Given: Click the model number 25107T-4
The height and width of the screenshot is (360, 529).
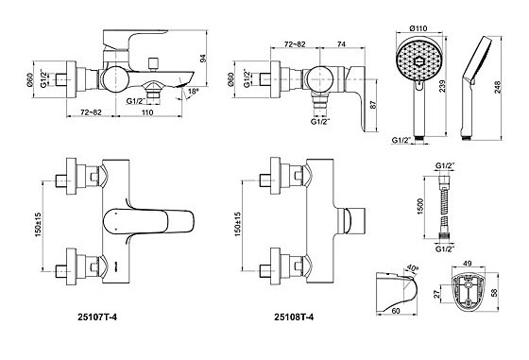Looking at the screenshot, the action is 97,317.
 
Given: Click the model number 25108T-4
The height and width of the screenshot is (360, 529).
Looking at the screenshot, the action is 294,317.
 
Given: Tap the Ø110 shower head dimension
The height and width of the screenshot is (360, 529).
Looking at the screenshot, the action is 418,28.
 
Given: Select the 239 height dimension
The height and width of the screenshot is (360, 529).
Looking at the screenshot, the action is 442,86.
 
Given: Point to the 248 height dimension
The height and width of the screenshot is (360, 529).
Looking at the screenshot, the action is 498,87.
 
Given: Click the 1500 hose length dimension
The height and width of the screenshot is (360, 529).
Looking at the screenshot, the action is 420,207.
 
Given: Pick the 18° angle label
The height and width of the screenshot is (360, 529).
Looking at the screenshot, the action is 193,91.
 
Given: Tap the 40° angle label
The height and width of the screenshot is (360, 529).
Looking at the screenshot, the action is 412,269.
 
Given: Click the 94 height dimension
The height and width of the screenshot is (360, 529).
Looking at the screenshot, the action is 203,58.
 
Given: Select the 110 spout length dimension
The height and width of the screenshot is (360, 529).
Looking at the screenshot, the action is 147,112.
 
